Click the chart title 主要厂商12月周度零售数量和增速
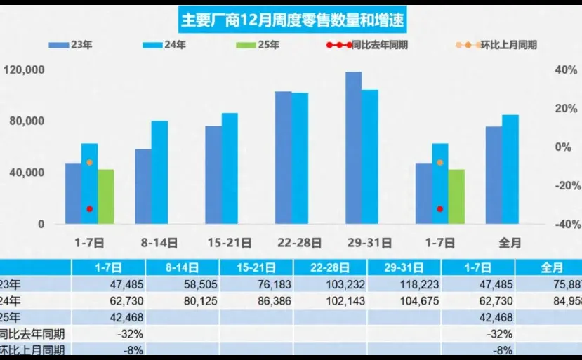(292, 20)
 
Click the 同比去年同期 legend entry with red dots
(369, 45)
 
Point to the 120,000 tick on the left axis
(24, 70)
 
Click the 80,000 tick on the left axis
(28, 121)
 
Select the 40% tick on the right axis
(566, 70)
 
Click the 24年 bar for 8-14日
(160, 173)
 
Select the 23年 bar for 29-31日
(353, 148)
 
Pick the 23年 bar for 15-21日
(213, 175)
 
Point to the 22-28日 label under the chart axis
(300, 243)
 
